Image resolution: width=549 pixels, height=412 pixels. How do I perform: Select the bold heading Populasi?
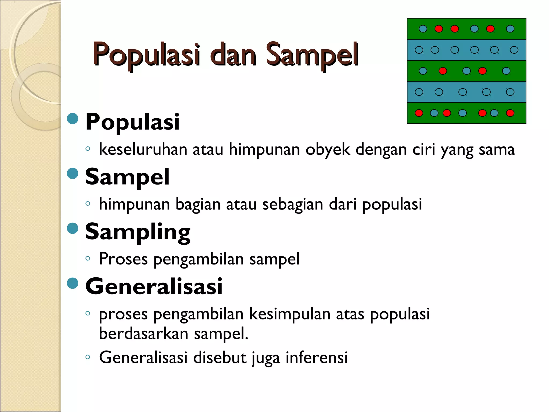tap(132, 122)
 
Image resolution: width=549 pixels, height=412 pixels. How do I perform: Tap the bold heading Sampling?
tap(138, 232)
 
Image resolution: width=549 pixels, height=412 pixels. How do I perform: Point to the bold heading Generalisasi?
tap(154, 286)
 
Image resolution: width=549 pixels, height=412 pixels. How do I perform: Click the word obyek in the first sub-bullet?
tap(328, 149)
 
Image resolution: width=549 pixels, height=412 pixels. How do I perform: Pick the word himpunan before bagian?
tap(134, 204)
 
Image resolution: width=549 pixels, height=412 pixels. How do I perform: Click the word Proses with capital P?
tap(123, 259)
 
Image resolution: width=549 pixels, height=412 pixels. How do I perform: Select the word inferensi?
tap(317, 358)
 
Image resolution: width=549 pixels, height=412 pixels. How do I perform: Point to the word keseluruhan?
tap(143, 149)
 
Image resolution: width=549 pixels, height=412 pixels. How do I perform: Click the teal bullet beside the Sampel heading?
tap(72, 174)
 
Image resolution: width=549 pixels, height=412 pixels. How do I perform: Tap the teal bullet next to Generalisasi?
tap(72, 283)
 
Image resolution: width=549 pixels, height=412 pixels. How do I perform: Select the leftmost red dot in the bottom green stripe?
tap(419, 113)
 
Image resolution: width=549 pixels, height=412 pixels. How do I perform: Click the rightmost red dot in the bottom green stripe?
tap(510, 113)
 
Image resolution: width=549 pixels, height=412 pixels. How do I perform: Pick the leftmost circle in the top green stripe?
tap(423, 29)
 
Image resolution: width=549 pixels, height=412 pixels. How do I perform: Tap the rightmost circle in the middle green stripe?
tap(506, 71)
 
